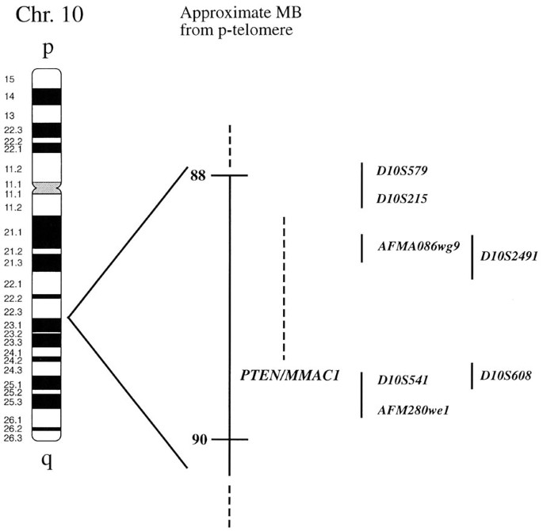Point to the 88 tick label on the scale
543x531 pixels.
coord(197,175)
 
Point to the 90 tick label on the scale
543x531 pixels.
coord(197,439)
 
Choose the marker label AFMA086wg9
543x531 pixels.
coord(419,246)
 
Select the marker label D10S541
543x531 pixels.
coord(403,380)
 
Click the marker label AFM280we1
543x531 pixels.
coord(413,410)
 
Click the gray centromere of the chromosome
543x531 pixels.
coord(47,188)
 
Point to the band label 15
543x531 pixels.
coord(9,79)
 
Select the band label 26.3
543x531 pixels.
coord(12,437)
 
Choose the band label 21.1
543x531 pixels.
coord(12,232)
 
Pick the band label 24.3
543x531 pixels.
coord(12,370)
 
